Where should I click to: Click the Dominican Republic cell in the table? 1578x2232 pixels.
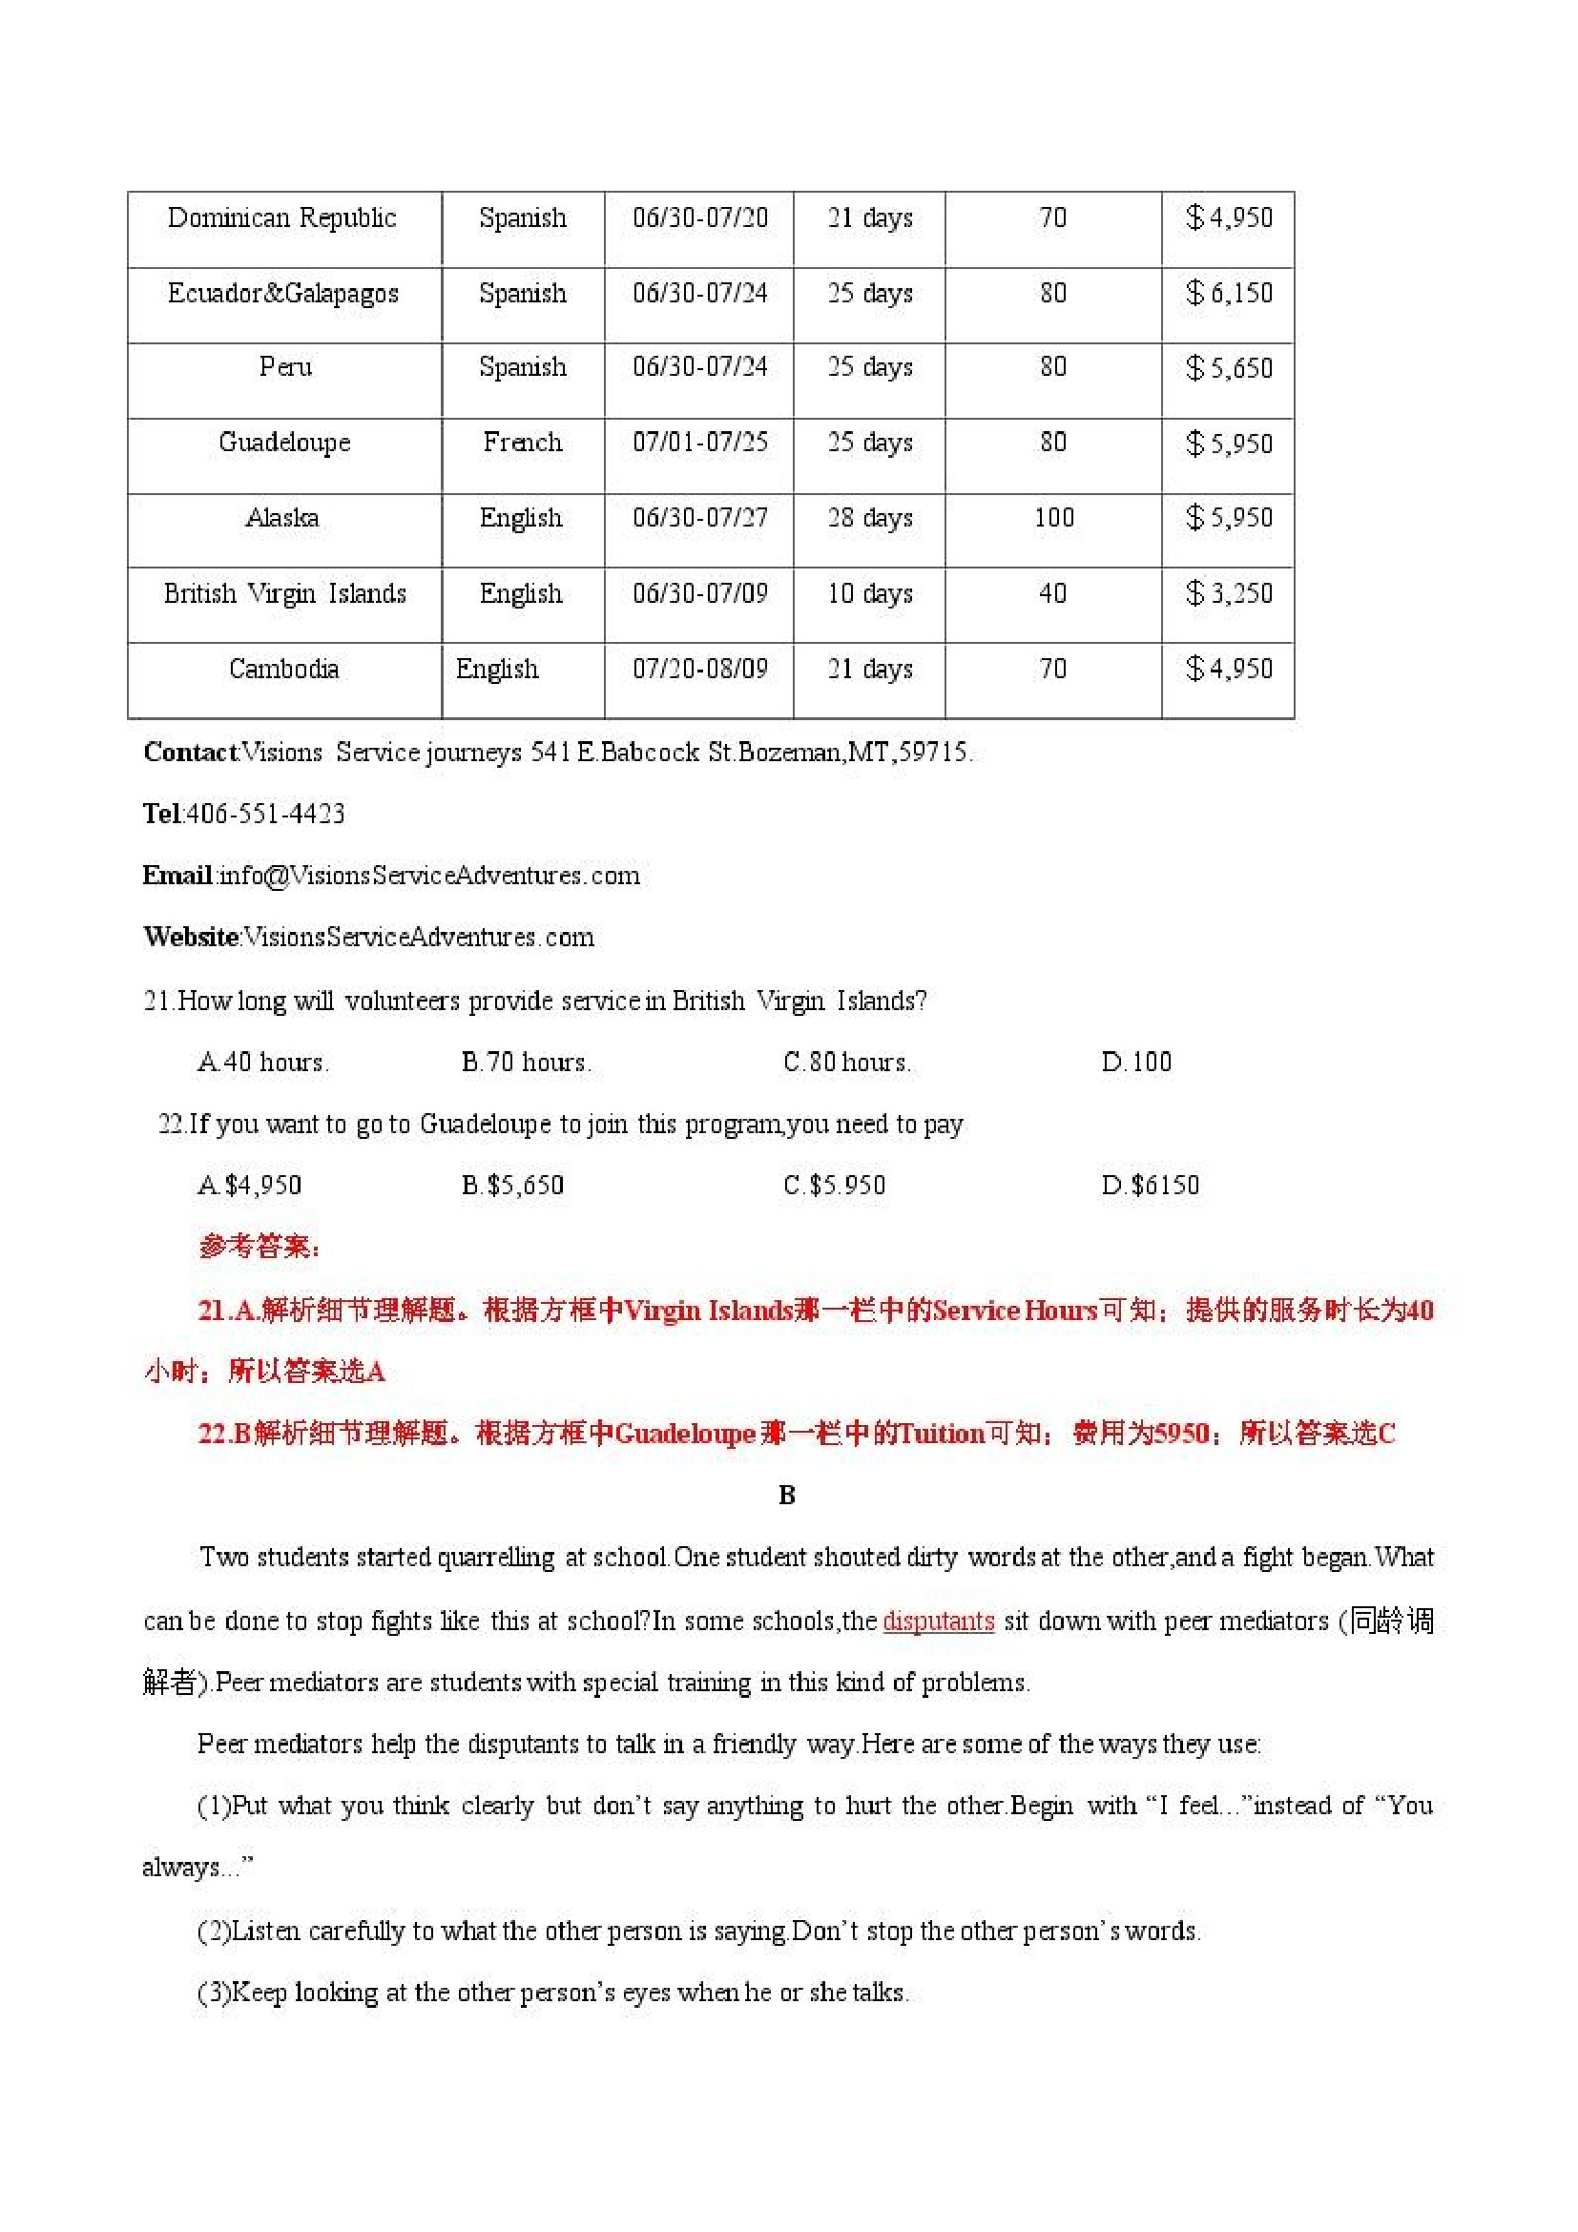[x=282, y=217]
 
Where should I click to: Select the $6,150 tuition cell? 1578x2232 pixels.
[x=1228, y=293]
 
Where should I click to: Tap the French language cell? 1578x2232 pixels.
[x=522, y=443]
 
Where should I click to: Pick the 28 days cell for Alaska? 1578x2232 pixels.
[x=869, y=518]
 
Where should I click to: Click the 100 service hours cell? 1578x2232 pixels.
[x=1053, y=517]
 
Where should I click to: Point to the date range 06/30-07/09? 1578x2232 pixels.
[x=699, y=593]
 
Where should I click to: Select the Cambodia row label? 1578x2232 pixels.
[x=284, y=669]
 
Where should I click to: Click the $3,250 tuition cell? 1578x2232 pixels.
[x=1228, y=593]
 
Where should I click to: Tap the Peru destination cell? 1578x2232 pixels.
[x=285, y=367]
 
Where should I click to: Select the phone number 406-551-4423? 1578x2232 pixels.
[x=265, y=814]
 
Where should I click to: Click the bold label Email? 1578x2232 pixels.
[x=177, y=875]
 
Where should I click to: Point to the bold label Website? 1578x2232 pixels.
[x=192, y=937]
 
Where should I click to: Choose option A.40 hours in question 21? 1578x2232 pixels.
[x=263, y=1062]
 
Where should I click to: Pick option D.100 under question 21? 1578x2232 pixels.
[x=1135, y=1062]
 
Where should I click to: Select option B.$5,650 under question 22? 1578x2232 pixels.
[x=512, y=1185]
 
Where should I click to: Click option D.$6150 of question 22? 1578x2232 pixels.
[x=1151, y=1185]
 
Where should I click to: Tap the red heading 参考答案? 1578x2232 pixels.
[x=259, y=1247]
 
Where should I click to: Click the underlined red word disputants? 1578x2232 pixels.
[x=937, y=1621]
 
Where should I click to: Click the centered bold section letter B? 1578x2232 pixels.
[x=787, y=1495]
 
